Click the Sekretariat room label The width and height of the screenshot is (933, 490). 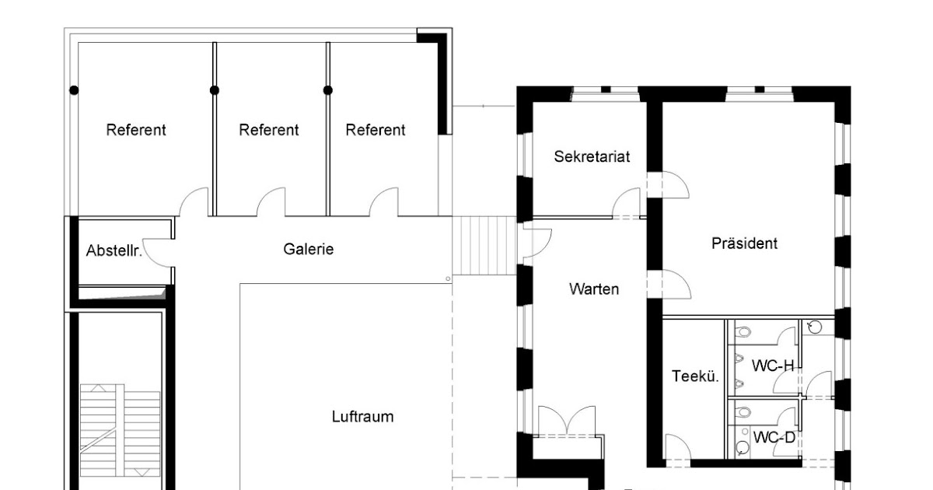[592, 156]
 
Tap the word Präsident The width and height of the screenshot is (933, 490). [744, 243]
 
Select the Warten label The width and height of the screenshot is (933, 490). [594, 289]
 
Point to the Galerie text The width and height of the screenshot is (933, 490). [308, 249]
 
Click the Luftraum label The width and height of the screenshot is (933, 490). [362, 417]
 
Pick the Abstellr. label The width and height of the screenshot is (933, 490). [114, 250]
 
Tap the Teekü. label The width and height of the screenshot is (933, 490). [695, 376]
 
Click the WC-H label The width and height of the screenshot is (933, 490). [773, 366]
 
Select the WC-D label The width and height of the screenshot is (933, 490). [774, 437]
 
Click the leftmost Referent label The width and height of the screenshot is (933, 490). [136, 130]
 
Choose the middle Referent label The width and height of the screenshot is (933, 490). [269, 130]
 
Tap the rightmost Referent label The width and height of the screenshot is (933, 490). [376, 130]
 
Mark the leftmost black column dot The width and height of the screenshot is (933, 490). [74, 90]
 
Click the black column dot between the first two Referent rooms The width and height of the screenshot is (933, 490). [215, 90]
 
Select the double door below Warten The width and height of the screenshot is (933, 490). [567, 421]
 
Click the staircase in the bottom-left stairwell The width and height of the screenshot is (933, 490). [120, 430]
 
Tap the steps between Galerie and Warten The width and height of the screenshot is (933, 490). [484, 246]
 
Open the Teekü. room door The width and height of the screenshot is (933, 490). [678, 446]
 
